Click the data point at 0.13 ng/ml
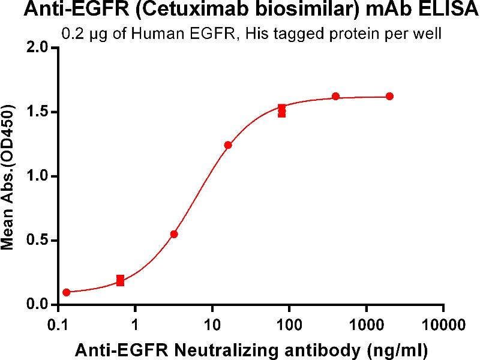coord(67,292)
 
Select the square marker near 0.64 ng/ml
coord(121,280)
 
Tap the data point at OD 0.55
coord(174,234)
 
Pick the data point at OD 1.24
coord(228,145)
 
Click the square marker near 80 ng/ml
coord(282,110)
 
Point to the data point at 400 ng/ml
coord(335,97)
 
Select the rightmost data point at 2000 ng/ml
coord(389,96)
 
